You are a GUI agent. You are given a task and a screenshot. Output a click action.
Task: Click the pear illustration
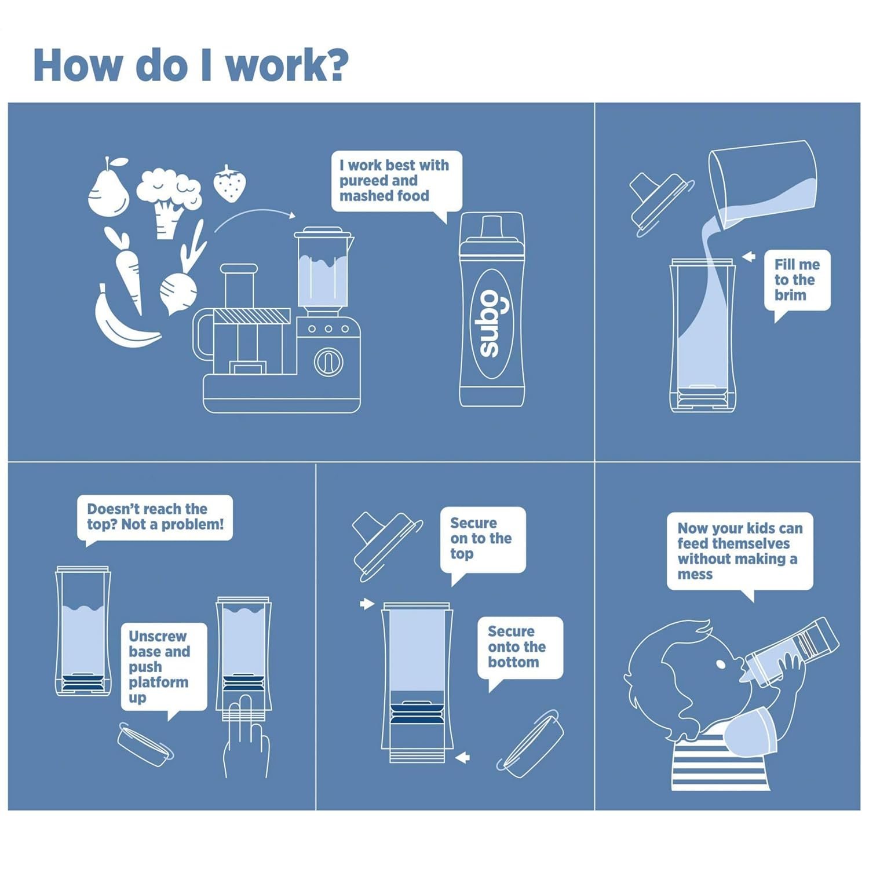click(108, 188)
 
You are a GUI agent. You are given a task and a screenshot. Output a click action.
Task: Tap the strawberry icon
click(230, 184)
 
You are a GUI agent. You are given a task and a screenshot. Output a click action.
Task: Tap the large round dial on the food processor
click(328, 363)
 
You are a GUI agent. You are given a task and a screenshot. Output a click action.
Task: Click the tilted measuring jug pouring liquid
click(762, 185)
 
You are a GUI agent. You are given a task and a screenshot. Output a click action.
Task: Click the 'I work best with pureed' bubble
click(397, 184)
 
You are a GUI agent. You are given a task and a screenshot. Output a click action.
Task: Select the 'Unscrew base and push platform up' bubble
click(163, 669)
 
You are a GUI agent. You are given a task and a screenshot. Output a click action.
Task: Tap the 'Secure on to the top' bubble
click(483, 542)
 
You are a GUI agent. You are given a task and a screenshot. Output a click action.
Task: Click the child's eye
click(721, 664)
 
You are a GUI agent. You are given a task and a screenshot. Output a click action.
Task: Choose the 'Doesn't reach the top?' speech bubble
click(155, 519)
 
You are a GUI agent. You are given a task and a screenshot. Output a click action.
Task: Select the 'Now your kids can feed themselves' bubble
click(740, 554)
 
